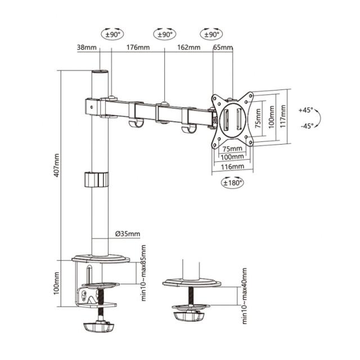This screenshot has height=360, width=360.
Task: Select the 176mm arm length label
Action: click(137, 48)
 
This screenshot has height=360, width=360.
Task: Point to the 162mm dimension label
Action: click(188, 48)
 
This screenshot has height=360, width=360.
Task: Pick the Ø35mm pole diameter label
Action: click(128, 234)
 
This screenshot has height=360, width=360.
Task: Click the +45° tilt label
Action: click(306, 110)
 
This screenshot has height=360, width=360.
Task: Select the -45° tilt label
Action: click(306, 126)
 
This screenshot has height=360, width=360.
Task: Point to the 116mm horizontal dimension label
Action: click(232, 166)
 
